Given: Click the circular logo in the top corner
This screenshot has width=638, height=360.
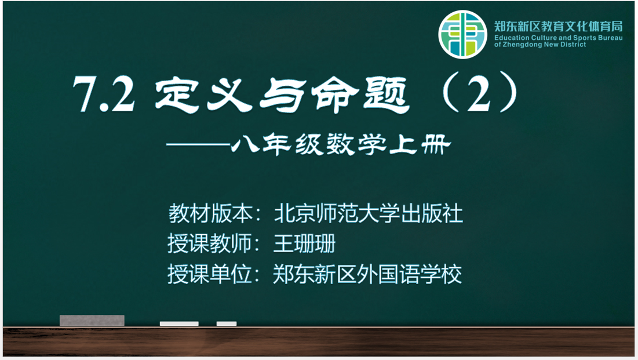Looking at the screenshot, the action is coord(462,35).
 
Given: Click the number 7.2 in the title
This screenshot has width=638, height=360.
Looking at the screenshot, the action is coord(104,94).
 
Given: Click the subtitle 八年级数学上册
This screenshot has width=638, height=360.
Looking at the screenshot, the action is coord(341,144).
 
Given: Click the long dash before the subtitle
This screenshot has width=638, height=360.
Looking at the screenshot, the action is coord(198,144).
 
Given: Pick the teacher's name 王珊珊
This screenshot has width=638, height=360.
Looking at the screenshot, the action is coord(304,243).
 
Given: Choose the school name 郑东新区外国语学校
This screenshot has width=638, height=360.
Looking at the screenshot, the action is coord(367,274).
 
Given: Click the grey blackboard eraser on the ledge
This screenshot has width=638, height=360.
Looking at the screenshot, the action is coord(92,321).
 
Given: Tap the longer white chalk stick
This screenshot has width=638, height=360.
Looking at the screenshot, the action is coord(179,323).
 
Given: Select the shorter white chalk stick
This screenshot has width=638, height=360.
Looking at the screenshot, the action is coord(226,323).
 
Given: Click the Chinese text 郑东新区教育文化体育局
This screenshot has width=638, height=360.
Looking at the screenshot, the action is coord(558,27).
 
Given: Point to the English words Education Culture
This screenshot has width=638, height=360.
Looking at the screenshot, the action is coord(526,38).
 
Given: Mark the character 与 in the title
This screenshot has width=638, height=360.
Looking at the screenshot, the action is coord(282,95).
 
